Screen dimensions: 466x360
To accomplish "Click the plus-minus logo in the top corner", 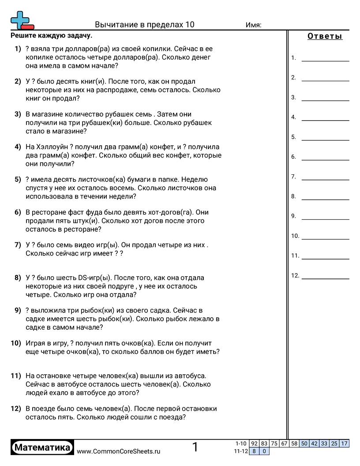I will click(22, 20).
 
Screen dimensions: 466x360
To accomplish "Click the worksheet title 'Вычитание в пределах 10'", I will click(144, 25).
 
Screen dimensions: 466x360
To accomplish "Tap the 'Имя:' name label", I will click(253, 25).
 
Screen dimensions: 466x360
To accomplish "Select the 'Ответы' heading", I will click(325, 36).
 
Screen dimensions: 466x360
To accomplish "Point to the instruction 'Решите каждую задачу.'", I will click(52, 36).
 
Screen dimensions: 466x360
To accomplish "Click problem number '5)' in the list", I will click(18, 180).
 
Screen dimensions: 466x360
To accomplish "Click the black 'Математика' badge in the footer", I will click(42, 448).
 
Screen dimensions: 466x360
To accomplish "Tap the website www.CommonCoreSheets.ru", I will click(118, 451).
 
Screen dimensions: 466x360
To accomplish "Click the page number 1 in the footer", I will click(195, 447).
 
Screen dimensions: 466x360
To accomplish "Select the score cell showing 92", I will click(254, 443).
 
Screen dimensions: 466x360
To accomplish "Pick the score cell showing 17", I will click(345, 443).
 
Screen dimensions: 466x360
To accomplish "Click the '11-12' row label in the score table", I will click(240, 451).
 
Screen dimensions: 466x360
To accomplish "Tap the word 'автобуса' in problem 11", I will click(187, 376).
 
